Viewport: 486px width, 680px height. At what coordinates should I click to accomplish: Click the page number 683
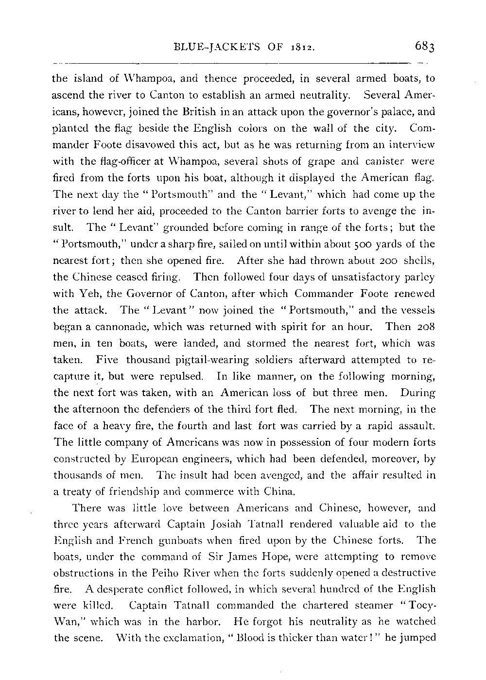pyautogui.click(x=426, y=47)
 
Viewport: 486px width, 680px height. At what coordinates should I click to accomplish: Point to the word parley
pyautogui.click(x=419, y=277)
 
